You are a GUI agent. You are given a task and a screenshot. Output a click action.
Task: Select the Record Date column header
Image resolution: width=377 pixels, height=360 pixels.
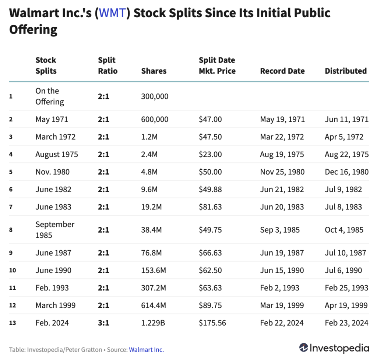click(x=282, y=71)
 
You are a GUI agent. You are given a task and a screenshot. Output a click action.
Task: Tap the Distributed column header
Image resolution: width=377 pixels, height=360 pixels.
click(x=346, y=71)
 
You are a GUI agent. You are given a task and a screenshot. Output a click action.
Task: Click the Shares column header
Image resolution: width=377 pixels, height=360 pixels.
click(x=154, y=71)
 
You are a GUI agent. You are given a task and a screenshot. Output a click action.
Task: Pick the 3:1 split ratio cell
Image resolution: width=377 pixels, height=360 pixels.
click(x=103, y=323)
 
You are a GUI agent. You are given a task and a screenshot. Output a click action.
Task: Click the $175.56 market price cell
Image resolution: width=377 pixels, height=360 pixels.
click(x=212, y=323)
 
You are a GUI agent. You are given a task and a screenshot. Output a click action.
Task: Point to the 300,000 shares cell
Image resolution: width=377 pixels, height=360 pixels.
click(x=155, y=96)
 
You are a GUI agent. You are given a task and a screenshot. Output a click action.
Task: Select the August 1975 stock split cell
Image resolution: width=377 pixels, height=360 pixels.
click(x=57, y=155)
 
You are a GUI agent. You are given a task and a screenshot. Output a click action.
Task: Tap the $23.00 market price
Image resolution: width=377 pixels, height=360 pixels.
click(x=210, y=155)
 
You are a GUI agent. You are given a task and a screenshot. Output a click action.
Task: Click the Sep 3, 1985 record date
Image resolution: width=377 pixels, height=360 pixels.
click(x=280, y=230)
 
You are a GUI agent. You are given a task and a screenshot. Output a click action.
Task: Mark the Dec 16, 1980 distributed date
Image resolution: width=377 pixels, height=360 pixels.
click(x=346, y=172)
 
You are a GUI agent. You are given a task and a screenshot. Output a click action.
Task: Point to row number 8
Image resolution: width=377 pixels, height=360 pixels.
click(x=11, y=230)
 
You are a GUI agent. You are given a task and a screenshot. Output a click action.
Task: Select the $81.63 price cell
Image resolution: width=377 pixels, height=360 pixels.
click(x=210, y=207)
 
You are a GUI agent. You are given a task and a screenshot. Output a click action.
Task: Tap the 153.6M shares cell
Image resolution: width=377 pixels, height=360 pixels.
click(x=154, y=271)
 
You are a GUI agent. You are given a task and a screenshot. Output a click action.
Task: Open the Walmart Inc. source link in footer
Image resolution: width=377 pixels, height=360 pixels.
click(x=146, y=350)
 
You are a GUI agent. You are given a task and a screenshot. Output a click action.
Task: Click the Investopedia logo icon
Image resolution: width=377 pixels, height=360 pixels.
click(x=304, y=348)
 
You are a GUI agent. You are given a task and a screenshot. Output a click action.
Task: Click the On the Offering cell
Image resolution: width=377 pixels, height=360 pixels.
click(x=50, y=96)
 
